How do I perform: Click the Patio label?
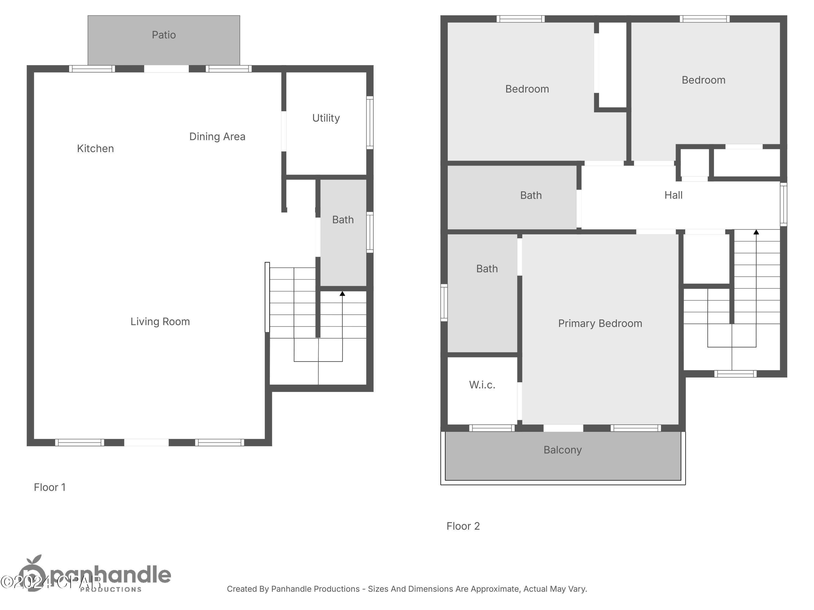coord(164,35)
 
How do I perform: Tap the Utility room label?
coord(326,118)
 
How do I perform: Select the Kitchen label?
coord(95,149)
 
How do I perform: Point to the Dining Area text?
coord(217,136)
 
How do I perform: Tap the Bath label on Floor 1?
coord(343,220)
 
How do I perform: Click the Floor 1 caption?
coord(50,487)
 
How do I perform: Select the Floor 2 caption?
coord(463,526)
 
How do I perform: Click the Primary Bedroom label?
coord(600,323)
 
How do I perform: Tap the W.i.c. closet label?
coord(482,385)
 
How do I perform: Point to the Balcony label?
coord(562,450)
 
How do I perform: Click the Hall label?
coord(673,195)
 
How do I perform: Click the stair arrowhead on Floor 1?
coord(342,293)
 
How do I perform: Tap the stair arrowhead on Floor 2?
coord(756,232)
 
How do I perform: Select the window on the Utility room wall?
coord(370,123)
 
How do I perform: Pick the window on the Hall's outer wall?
coord(783,204)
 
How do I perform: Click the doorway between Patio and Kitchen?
coord(166,69)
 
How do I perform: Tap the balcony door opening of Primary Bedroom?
coord(563,428)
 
